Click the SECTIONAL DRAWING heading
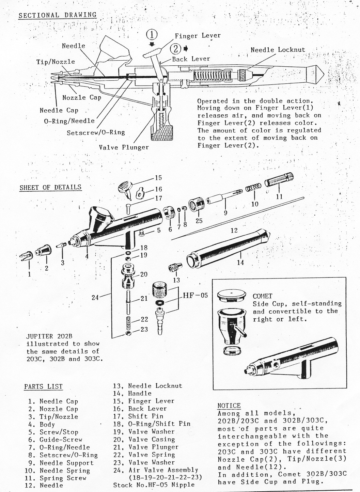point(58,15)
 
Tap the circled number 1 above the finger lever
point(152,35)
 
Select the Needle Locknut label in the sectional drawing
point(278,50)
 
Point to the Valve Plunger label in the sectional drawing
point(124,147)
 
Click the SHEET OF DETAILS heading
point(50,187)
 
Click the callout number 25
point(199,221)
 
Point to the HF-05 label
point(195,295)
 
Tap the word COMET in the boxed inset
point(262,296)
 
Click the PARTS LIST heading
point(43,386)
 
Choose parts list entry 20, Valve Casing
point(146,440)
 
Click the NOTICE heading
point(229,406)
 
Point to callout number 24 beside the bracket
point(95,297)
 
